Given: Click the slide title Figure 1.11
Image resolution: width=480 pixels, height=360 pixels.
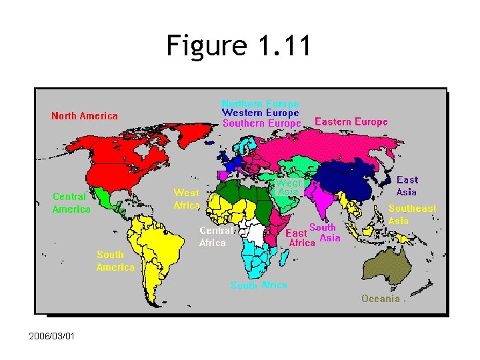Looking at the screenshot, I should pyautogui.click(x=239, y=47).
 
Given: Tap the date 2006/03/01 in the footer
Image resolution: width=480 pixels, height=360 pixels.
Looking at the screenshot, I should pyautogui.click(x=52, y=335).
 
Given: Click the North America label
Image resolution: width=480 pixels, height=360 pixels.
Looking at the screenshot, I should pyautogui.click(x=85, y=116).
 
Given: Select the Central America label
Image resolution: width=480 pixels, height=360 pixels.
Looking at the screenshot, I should pyautogui.click(x=71, y=203).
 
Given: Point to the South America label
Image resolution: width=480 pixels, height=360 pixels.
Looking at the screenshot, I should pyautogui.click(x=115, y=261).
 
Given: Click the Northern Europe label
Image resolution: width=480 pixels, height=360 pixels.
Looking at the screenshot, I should pyautogui.click(x=260, y=104).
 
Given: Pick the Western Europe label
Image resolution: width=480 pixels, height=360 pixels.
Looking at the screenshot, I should pyautogui.click(x=260, y=113).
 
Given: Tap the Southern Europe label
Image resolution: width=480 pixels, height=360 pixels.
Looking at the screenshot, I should pyautogui.click(x=261, y=123).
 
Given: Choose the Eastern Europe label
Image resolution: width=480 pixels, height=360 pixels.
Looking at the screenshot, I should pyautogui.click(x=351, y=122).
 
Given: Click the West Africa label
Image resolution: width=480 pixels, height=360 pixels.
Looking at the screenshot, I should pyautogui.click(x=187, y=199).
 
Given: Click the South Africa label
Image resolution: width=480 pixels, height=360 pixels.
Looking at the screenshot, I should pyautogui.click(x=259, y=285).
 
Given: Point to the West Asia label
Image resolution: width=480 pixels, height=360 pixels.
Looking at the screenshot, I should pyautogui.click(x=289, y=187).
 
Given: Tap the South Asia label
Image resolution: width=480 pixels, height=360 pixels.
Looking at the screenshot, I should pyautogui.click(x=326, y=233).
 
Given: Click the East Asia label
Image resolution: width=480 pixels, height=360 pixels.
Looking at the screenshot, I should pyautogui.click(x=407, y=186).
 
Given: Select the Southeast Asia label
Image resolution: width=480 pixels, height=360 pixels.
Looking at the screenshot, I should pyautogui.click(x=411, y=214).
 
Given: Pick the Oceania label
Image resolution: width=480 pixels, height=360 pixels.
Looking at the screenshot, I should pyautogui.click(x=381, y=299).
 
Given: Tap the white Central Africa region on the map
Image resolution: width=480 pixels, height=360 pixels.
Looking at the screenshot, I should pyautogui.click(x=254, y=233).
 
